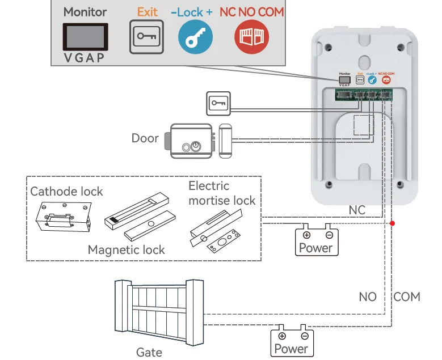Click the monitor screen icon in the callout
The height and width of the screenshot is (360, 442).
click(x=85, y=35)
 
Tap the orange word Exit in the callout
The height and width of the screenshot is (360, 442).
click(x=147, y=11)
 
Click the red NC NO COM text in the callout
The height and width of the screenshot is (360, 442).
click(x=251, y=11)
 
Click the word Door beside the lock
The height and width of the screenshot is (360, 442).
click(x=145, y=138)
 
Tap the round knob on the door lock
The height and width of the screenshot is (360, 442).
click(x=195, y=146)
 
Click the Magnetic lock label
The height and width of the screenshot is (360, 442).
click(x=126, y=249)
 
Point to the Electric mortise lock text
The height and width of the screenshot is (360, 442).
click(x=222, y=193)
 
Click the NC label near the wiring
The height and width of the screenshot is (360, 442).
click(x=357, y=210)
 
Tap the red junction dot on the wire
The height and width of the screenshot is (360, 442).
click(x=392, y=223)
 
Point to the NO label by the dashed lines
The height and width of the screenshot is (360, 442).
click(x=368, y=297)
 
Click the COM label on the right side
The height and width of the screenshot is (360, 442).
click(x=407, y=297)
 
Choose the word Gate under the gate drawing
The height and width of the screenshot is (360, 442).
click(x=149, y=352)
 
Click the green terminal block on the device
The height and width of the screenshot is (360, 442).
click(x=363, y=95)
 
